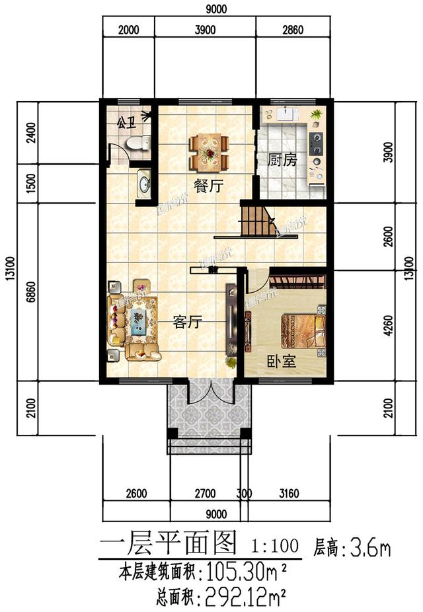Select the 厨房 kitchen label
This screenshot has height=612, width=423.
282,161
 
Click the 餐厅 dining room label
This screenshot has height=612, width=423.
206,188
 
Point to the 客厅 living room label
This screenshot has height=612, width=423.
187,322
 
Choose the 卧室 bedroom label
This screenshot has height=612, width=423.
281,361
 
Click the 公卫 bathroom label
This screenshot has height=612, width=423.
126,122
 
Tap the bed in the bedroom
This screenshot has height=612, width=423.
303,331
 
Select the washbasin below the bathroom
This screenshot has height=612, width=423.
143,181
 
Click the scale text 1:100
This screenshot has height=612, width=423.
274,546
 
